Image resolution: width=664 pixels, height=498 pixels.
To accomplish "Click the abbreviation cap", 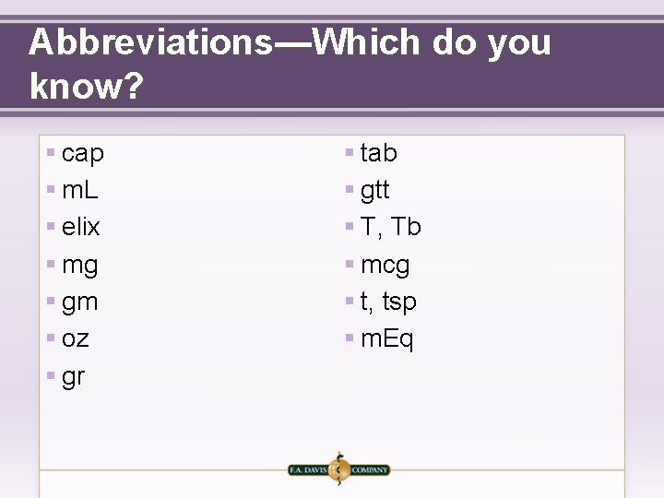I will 83,153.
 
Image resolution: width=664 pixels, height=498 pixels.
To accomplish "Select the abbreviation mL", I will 80,190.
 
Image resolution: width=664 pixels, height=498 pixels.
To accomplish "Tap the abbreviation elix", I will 81,227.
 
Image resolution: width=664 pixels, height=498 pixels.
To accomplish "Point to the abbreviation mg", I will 80,266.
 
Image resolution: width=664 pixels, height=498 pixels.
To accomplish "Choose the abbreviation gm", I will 80,302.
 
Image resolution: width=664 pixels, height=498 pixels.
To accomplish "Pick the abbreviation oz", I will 76,339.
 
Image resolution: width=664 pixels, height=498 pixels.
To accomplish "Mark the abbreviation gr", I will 73,377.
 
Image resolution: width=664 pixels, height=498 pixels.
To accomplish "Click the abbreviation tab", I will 379,152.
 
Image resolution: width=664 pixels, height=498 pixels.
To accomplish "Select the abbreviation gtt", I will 375,190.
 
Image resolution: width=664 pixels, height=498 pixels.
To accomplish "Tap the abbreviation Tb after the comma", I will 407,227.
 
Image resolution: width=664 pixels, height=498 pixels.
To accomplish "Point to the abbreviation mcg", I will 385,266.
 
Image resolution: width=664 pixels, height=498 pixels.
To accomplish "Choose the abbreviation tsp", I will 399,302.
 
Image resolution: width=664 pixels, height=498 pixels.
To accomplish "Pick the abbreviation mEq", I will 387,339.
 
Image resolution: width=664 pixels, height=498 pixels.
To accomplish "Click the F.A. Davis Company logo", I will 338,469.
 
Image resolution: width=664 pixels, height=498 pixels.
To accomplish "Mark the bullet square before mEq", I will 350,338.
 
